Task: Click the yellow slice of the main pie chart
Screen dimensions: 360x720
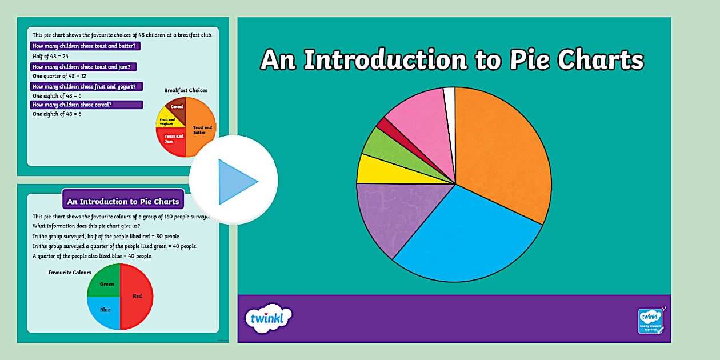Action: coord(377,170)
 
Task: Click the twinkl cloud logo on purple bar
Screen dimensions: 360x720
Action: coord(268,318)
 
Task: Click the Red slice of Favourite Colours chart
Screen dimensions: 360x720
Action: coord(137,296)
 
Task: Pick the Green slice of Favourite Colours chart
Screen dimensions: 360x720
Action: coord(106,283)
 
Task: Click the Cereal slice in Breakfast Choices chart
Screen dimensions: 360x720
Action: coord(177,107)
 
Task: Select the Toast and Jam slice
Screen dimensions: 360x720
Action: coord(173,140)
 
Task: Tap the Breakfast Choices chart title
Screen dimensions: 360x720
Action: coord(186,90)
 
